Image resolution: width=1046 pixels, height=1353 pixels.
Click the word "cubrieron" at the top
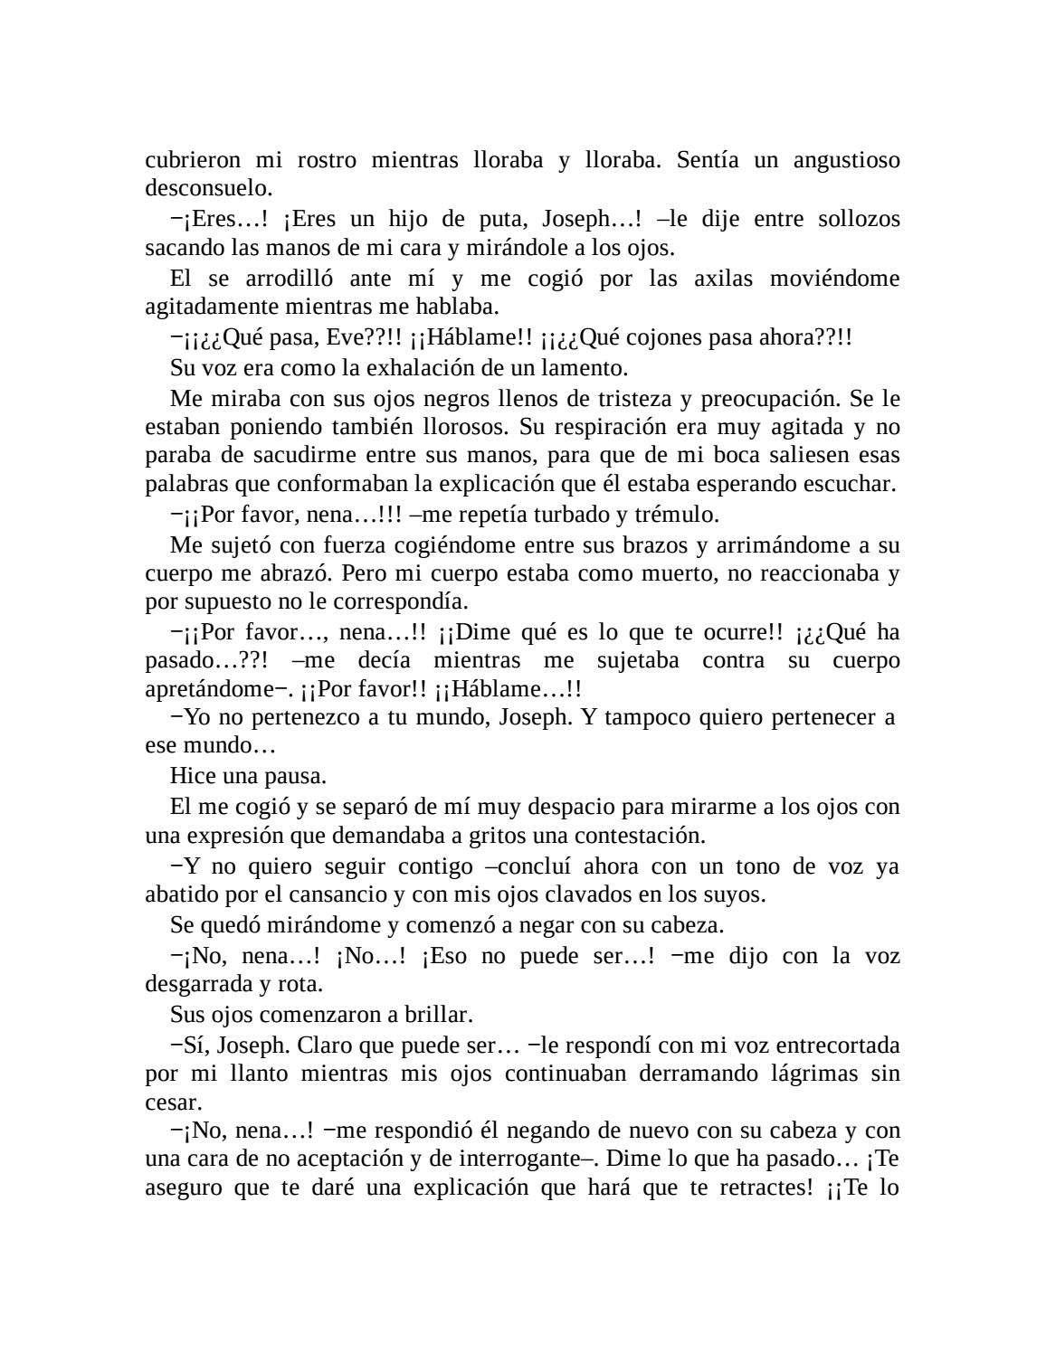[193, 160]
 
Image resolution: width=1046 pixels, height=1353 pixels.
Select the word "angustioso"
[846, 160]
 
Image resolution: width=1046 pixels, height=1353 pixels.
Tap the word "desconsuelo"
[206, 188]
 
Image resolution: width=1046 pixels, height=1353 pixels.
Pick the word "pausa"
[296, 775]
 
